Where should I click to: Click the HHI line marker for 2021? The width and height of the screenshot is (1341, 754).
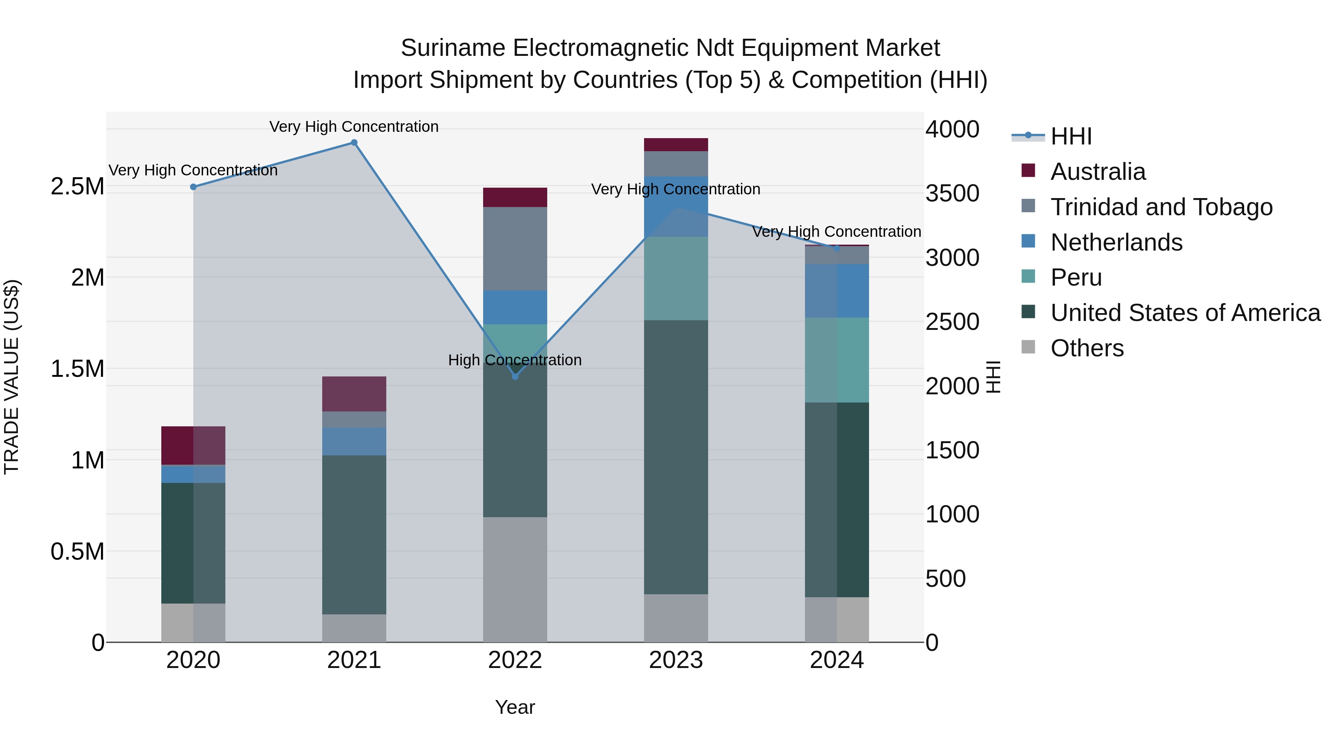coord(354,143)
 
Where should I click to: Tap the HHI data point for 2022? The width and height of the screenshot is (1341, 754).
coord(515,376)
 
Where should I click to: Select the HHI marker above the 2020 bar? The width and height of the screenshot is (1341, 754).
coord(193,187)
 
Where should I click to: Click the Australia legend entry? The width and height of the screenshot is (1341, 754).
coord(1097,172)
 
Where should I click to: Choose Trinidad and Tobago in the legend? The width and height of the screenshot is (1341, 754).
coord(1161,207)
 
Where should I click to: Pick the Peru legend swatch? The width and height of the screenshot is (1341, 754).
coord(1028,277)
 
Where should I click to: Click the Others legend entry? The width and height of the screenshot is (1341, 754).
coord(1087,348)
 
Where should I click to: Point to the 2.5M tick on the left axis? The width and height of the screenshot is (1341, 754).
coord(77,186)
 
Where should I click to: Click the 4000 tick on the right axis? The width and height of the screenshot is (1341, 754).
coord(952,129)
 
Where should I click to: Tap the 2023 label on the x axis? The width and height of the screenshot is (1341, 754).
coord(676,660)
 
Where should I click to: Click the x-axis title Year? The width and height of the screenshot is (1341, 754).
coord(515,707)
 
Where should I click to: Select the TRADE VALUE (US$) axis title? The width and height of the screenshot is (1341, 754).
coord(12,377)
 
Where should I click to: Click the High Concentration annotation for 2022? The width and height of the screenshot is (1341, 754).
coord(515,360)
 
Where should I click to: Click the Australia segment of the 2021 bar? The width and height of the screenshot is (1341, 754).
coord(354,394)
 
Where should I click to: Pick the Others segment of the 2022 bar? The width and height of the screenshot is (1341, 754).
coord(515,579)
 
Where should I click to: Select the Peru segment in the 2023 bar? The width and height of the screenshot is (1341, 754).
coord(676,279)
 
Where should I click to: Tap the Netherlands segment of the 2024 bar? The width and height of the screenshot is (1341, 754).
coord(837,291)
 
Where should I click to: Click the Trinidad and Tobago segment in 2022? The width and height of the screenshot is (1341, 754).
coord(515,249)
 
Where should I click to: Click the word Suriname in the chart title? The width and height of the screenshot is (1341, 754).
coord(453,48)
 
